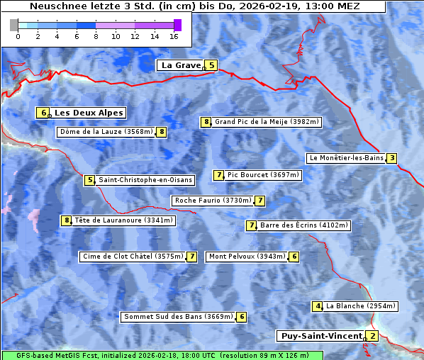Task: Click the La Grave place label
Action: (181, 65)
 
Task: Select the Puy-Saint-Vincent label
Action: (321, 336)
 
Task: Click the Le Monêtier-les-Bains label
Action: (345, 158)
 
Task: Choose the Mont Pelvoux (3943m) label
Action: (246, 257)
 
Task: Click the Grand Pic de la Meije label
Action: (268, 122)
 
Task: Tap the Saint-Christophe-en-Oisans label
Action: (145, 180)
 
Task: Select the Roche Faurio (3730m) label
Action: (213, 201)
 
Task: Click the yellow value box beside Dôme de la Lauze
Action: (162, 132)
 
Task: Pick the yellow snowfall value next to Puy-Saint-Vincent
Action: (373, 336)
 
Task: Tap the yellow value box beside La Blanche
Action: (318, 306)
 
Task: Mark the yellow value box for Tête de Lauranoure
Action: (67, 220)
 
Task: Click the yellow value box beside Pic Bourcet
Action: (219, 175)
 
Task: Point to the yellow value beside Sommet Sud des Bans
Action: (242, 317)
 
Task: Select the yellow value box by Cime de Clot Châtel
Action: (191, 257)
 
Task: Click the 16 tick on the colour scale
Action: (174, 35)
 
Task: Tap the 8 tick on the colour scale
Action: (96, 35)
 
